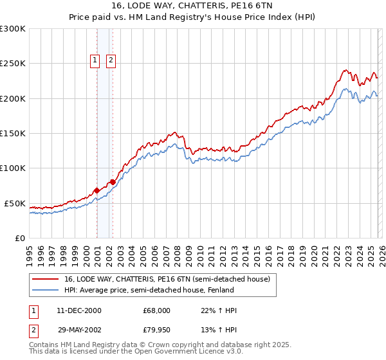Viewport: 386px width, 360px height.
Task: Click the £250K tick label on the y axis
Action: point(13,64)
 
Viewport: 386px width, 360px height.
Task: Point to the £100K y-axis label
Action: point(13,168)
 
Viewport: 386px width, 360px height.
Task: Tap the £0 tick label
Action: point(19,238)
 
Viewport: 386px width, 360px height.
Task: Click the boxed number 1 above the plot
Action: point(95,60)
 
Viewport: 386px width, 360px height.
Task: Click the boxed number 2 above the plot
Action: point(111,60)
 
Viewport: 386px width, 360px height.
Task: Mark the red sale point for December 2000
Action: point(96,190)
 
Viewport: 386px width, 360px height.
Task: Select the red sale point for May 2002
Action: point(113,182)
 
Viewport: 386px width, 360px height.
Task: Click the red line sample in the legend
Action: point(46,279)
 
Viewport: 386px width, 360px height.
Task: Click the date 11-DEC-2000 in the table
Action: point(78,310)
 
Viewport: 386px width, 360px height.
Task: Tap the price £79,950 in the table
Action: point(156,331)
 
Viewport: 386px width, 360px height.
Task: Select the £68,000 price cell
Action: point(156,310)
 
